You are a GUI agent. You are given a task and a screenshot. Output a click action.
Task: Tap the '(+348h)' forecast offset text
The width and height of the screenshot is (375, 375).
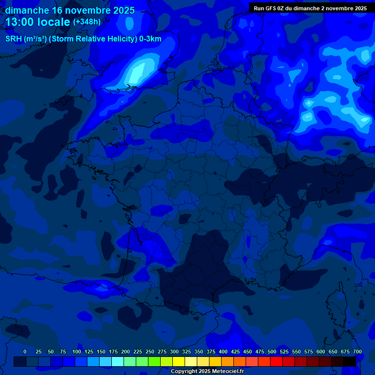point(86,22)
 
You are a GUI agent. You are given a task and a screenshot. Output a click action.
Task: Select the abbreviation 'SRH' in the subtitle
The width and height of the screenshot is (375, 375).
point(14,40)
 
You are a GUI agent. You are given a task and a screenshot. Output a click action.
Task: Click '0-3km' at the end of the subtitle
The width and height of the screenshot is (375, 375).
point(150,40)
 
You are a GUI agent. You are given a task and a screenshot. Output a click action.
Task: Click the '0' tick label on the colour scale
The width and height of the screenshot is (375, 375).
point(25,352)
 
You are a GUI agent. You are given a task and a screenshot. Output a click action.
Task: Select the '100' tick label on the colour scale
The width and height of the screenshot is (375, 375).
point(77,352)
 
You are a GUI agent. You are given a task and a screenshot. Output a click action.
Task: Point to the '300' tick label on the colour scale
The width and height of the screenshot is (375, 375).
point(174,352)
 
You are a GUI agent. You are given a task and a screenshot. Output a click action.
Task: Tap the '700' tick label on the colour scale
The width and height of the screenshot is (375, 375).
point(357,352)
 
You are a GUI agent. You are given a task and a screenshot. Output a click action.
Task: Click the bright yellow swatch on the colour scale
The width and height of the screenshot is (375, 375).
point(179,361)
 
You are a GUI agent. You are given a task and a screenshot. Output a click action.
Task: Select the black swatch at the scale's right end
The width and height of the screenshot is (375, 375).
point(350,361)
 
